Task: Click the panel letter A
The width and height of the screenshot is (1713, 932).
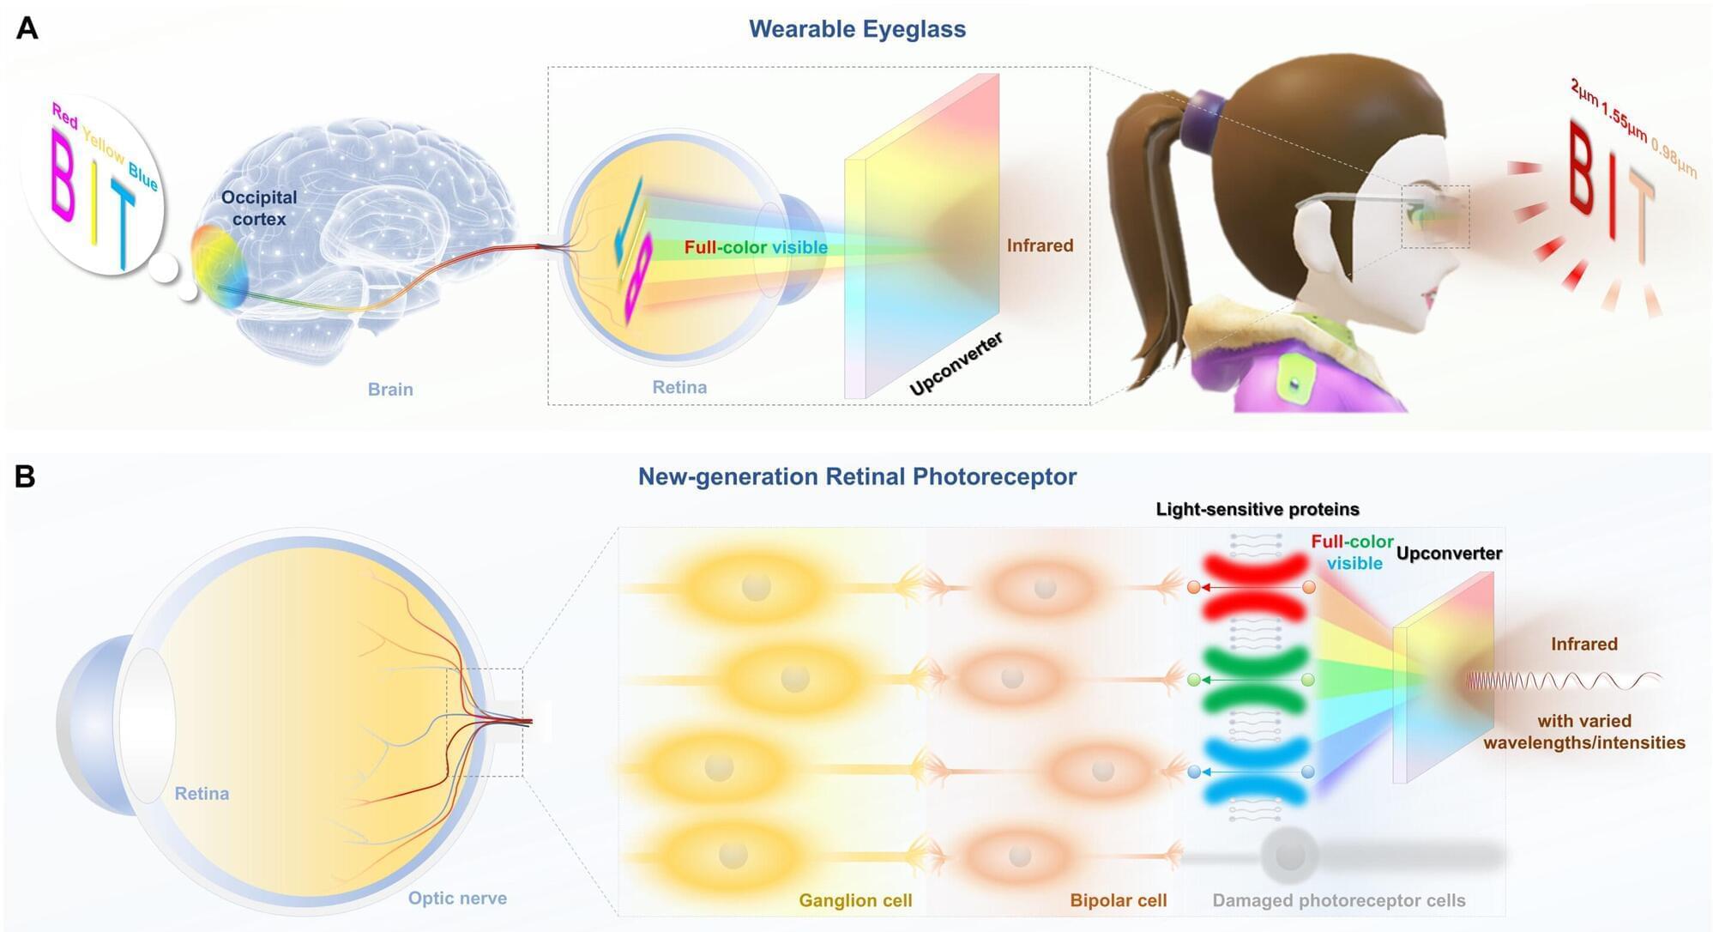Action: click(27, 28)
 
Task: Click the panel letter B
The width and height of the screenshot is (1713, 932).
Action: click(26, 476)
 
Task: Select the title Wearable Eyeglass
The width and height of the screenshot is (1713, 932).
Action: click(857, 29)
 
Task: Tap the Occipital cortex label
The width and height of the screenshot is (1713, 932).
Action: click(259, 208)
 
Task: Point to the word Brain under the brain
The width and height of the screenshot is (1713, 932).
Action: click(390, 390)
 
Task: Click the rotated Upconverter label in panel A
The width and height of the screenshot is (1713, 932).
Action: click(956, 364)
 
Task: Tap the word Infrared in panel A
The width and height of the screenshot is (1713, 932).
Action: click(1040, 245)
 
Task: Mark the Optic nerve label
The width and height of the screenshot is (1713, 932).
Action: click(457, 899)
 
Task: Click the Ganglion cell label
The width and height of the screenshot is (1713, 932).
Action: click(855, 900)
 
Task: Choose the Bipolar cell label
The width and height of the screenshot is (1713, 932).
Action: click(1119, 900)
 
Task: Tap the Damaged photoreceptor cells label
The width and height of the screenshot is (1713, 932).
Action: click(1338, 900)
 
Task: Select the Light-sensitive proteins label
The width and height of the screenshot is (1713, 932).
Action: click(1258, 510)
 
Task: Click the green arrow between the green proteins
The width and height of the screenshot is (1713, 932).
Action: click(1251, 680)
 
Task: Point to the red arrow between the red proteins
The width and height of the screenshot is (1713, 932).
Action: click(1251, 588)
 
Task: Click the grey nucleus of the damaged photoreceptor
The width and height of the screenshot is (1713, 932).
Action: click(1289, 856)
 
